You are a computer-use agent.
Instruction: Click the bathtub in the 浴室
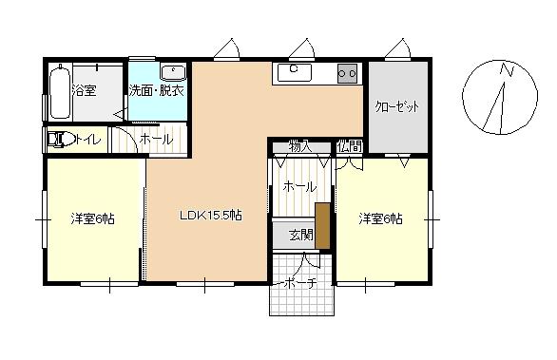click(60, 91)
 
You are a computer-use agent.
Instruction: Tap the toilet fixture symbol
click(61, 140)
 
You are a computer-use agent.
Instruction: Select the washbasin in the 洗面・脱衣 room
click(173, 72)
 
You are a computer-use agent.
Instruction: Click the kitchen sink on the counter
click(294, 72)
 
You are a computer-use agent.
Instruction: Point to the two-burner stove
click(347, 73)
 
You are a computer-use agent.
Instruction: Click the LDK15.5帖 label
click(211, 216)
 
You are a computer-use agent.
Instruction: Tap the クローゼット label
click(397, 106)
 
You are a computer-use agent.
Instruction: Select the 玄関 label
click(301, 235)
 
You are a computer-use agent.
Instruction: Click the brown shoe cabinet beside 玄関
click(322, 226)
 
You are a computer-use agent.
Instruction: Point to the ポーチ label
click(300, 283)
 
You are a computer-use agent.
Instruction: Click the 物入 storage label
click(300, 146)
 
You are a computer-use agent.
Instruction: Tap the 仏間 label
click(350, 146)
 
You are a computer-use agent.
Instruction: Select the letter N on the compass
click(508, 69)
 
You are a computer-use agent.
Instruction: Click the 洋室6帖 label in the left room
click(93, 218)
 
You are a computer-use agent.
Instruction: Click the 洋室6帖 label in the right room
click(380, 218)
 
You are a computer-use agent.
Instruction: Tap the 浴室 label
click(85, 90)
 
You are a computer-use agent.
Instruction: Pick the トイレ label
click(88, 140)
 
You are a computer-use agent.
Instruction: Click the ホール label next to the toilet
click(156, 140)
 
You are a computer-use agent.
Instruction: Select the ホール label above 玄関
click(299, 187)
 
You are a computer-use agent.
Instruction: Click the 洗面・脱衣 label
click(156, 91)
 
